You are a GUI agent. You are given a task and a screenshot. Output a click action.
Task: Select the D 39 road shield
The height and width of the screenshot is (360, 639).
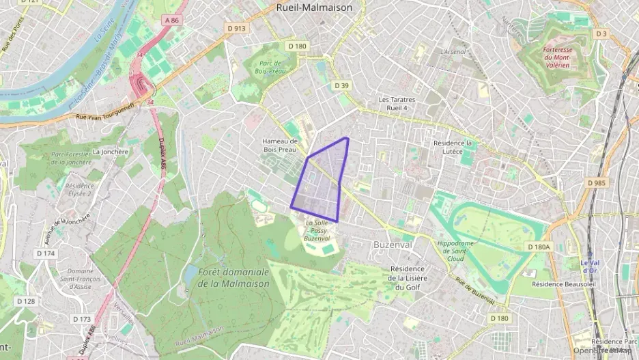[342, 85]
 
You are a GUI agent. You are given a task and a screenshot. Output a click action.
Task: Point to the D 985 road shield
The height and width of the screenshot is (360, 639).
[596, 182]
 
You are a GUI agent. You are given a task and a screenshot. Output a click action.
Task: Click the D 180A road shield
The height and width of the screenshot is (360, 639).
[539, 246]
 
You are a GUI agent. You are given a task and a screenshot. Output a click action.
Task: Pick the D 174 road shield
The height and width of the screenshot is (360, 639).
[46, 253]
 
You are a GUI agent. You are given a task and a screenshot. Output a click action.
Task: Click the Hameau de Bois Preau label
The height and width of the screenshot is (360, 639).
[281, 145]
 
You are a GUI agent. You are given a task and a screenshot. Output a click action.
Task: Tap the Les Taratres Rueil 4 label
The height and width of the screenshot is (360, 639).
[397, 103]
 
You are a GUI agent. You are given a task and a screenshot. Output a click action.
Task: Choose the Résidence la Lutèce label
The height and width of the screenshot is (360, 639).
[453, 148]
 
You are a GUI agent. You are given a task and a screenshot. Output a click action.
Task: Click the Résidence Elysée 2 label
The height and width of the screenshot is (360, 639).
[79, 189]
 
